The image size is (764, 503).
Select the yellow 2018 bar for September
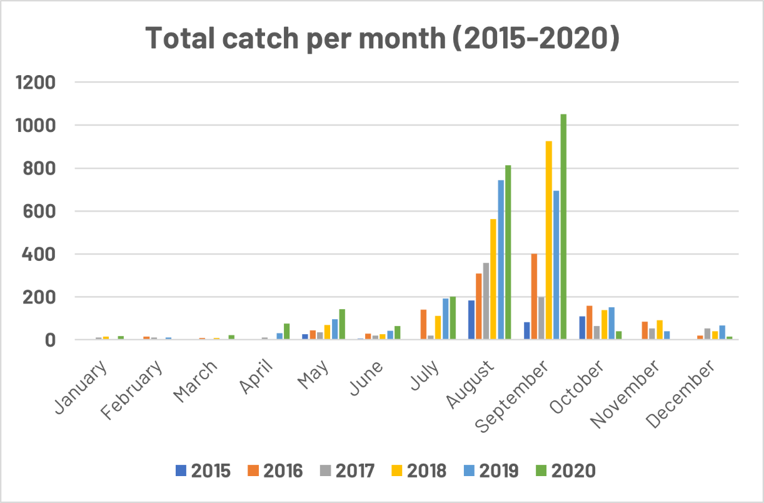click(548, 241)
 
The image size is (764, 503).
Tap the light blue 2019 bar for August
click(501, 260)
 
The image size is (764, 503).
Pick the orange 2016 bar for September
click(534, 297)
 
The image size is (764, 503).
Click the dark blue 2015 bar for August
click(471, 320)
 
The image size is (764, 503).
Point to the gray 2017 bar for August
click(486, 302)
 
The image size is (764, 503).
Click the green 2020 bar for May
click(342, 325)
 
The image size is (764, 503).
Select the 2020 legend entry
click(563, 470)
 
